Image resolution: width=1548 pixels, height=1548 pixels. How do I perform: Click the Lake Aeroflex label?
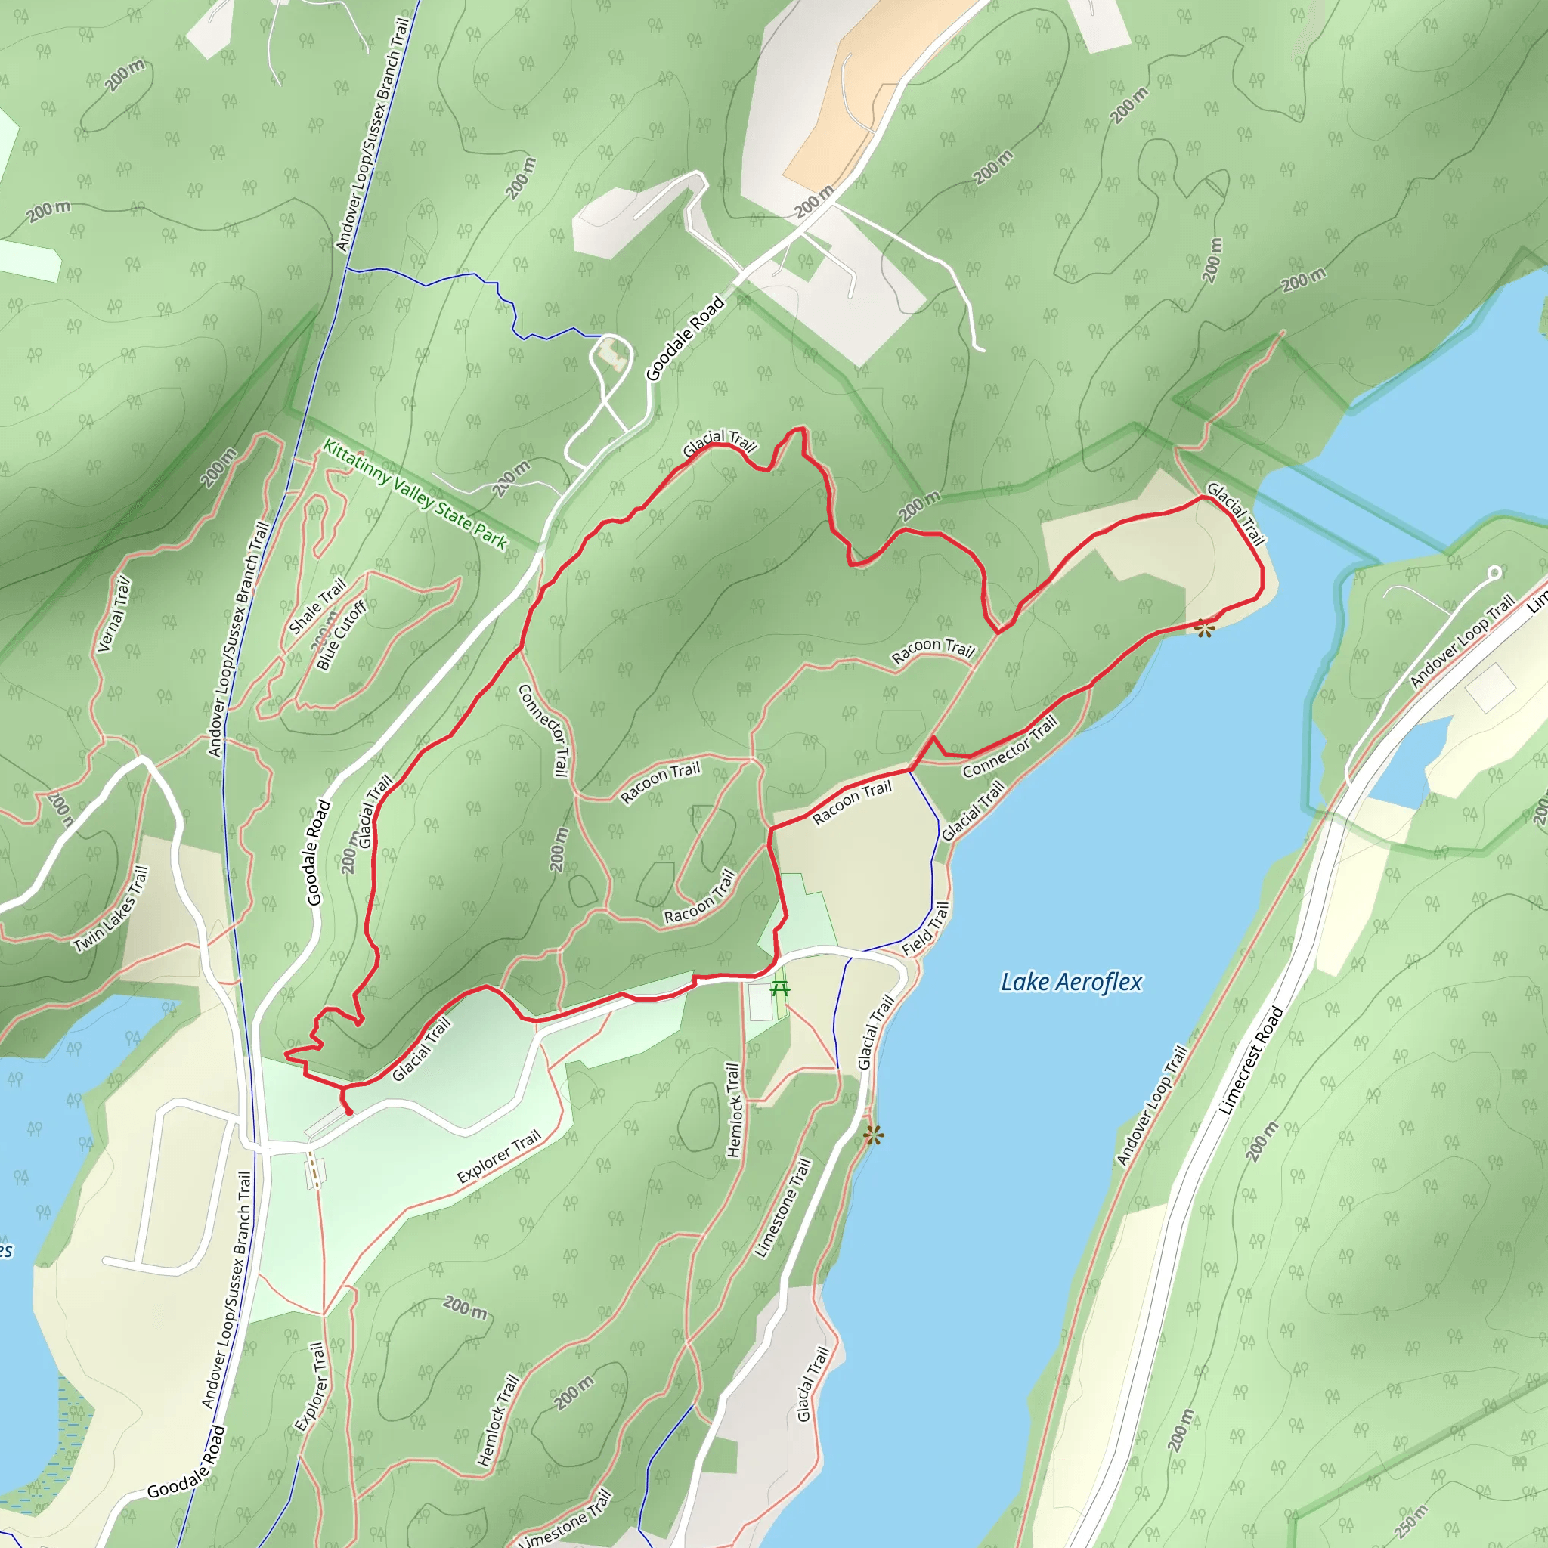click(1071, 982)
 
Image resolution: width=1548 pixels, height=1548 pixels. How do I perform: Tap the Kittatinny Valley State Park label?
click(414, 495)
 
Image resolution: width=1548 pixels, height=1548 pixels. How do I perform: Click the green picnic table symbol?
click(779, 989)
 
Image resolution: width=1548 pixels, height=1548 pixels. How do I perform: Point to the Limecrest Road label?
click(1251, 1060)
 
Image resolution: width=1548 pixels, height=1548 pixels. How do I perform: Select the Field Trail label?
click(925, 929)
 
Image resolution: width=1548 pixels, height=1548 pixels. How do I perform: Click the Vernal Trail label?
click(113, 615)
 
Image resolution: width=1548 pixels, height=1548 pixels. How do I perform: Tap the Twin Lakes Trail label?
click(110, 909)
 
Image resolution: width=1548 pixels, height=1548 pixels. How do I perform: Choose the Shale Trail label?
click(317, 606)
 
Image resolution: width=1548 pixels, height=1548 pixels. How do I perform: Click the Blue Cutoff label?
click(342, 636)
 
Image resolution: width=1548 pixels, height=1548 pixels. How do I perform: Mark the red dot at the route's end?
click(348, 1112)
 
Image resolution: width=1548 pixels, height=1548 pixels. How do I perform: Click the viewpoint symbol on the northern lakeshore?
click(1204, 629)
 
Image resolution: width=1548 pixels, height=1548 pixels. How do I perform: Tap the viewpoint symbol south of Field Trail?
click(873, 1135)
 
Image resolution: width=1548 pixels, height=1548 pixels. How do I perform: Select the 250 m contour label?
click(1411, 1522)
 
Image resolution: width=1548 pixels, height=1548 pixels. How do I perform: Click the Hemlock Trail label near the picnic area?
click(732, 1110)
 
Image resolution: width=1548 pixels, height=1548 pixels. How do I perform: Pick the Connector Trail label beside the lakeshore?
click(1010, 746)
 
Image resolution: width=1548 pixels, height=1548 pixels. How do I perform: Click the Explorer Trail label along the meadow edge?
click(499, 1157)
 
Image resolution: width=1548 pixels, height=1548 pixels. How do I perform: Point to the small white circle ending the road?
click(1494, 573)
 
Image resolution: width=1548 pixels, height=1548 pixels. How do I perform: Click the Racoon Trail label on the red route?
click(851, 803)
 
